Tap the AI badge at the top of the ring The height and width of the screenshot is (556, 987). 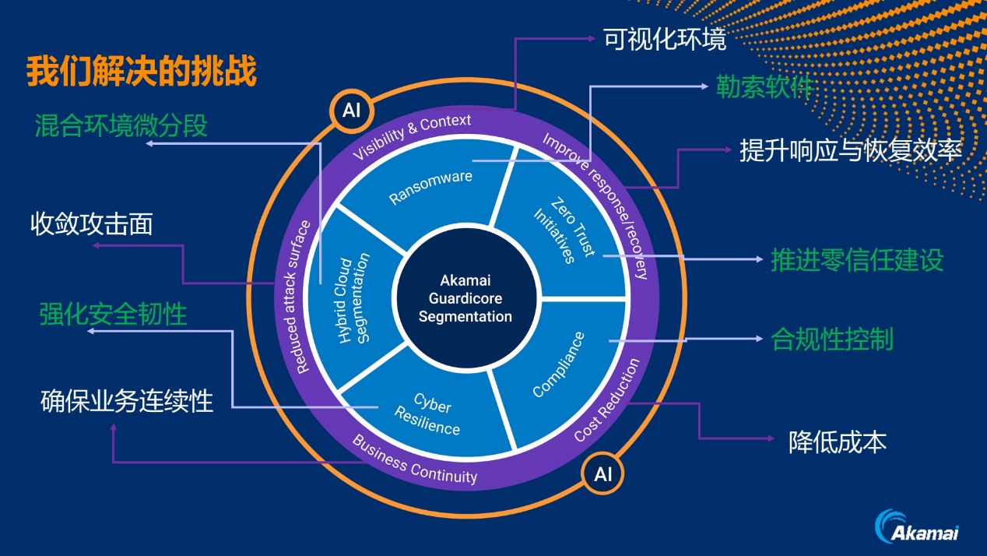(x=351, y=110)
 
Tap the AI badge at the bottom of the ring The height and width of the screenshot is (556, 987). (x=603, y=474)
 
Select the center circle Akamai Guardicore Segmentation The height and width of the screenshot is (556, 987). (x=465, y=298)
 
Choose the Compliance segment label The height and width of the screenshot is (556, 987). (x=558, y=364)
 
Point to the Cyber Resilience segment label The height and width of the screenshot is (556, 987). (x=429, y=413)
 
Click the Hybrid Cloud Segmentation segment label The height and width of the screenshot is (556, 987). (x=354, y=298)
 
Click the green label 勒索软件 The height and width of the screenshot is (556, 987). (x=764, y=86)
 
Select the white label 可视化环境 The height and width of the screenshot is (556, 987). (x=665, y=39)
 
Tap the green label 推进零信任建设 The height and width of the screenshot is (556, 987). (x=857, y=259)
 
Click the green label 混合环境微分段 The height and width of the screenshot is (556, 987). (x=121, y=125)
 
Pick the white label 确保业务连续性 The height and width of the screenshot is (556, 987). (x=127, y=401)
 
